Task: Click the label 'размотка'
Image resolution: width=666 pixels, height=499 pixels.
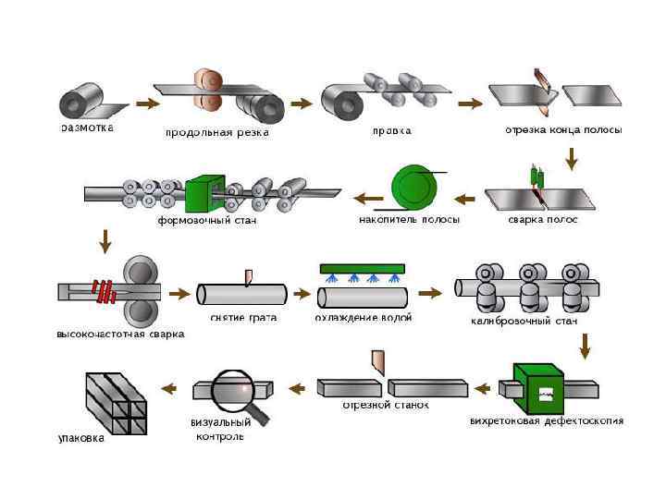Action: click(x=88, y=128)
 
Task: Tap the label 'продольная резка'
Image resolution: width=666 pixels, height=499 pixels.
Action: click(x=216, y=132)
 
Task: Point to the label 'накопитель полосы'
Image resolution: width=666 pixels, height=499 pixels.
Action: click(x=409, y=220)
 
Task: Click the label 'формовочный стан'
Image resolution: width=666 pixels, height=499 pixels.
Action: click(x=206, y=221)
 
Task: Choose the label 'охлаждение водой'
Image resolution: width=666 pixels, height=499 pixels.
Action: click(x=364, y=318)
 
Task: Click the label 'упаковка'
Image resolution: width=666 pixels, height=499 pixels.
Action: click(x=82, y=440)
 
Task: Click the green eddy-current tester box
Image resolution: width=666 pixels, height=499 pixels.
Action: click(x=540, y=389)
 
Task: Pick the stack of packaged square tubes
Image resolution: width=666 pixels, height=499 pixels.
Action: click(x=114, y=402)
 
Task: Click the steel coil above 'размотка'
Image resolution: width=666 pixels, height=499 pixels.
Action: click(x=85, y=100)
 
